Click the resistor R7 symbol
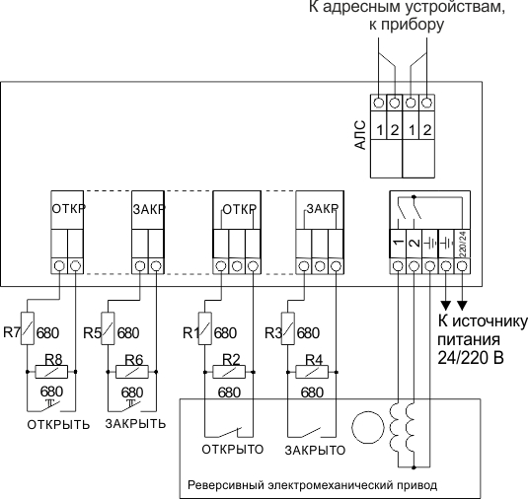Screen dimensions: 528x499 [28, 328]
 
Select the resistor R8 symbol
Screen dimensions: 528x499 [51, 372]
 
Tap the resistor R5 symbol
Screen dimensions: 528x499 [108, 328]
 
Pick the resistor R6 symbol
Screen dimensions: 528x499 [132, 372]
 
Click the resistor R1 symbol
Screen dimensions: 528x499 [205, 328]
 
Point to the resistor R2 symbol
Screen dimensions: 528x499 [229, 372]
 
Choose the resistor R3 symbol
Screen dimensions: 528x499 [288, 328]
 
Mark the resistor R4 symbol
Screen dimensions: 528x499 [312, 372]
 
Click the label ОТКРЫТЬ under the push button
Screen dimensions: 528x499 [58, 425]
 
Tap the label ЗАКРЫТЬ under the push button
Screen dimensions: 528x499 [135, 424]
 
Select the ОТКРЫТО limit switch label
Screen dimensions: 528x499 [233, 450]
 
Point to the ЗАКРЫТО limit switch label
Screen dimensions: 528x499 [315, 451]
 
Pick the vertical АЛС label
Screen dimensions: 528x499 [360, 134]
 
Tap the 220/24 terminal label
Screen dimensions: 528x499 [463, 244]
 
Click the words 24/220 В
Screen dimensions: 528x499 [471, 358]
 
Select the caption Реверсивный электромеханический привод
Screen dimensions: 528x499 [312, 485]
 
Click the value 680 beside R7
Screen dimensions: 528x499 [47, 333]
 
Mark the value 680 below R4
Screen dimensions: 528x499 [312, 392]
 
